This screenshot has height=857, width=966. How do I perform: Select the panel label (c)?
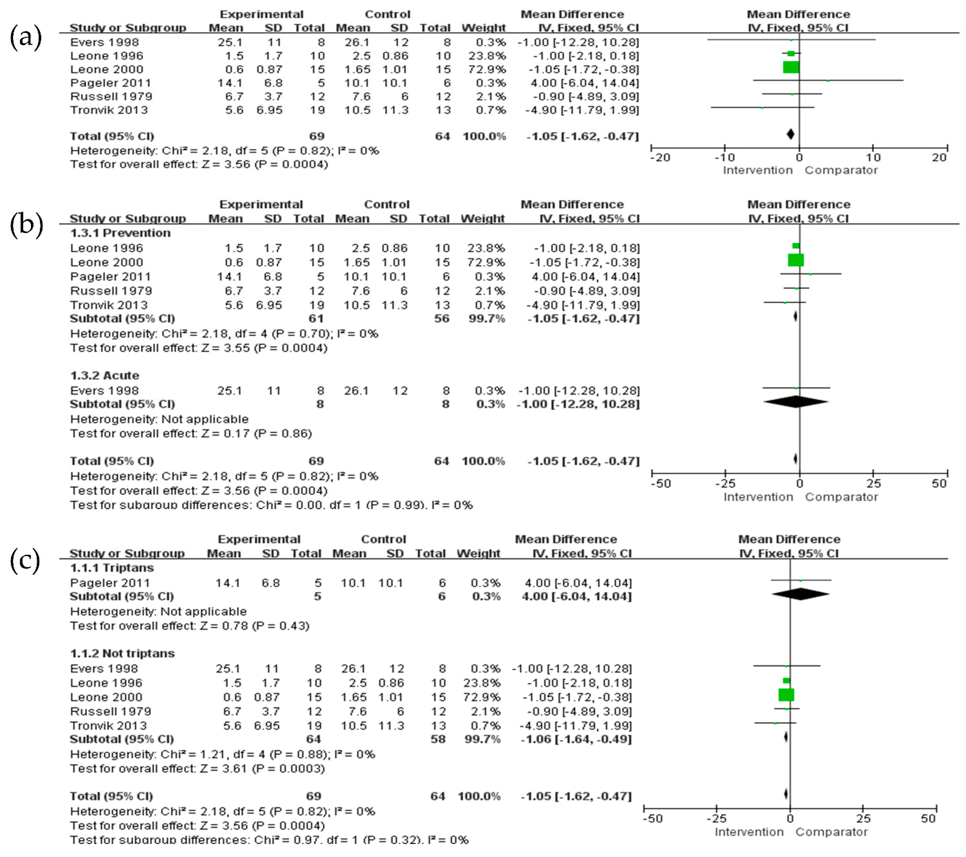click(x=25, y=560)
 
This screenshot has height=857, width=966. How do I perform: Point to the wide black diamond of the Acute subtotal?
click(x=796, y=402)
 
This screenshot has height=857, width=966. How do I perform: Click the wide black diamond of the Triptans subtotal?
click(x=800, y=594)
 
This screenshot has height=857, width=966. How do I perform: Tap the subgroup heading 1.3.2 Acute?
click(x=105, y=376)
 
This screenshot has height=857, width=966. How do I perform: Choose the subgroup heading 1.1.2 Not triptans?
click(x=122, y=653)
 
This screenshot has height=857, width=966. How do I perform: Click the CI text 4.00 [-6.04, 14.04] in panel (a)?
click(x=585, y=83)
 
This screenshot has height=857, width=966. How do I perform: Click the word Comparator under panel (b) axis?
click(x=841, y=497)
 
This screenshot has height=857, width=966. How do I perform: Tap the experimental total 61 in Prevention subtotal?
click(x=316, y=319)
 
